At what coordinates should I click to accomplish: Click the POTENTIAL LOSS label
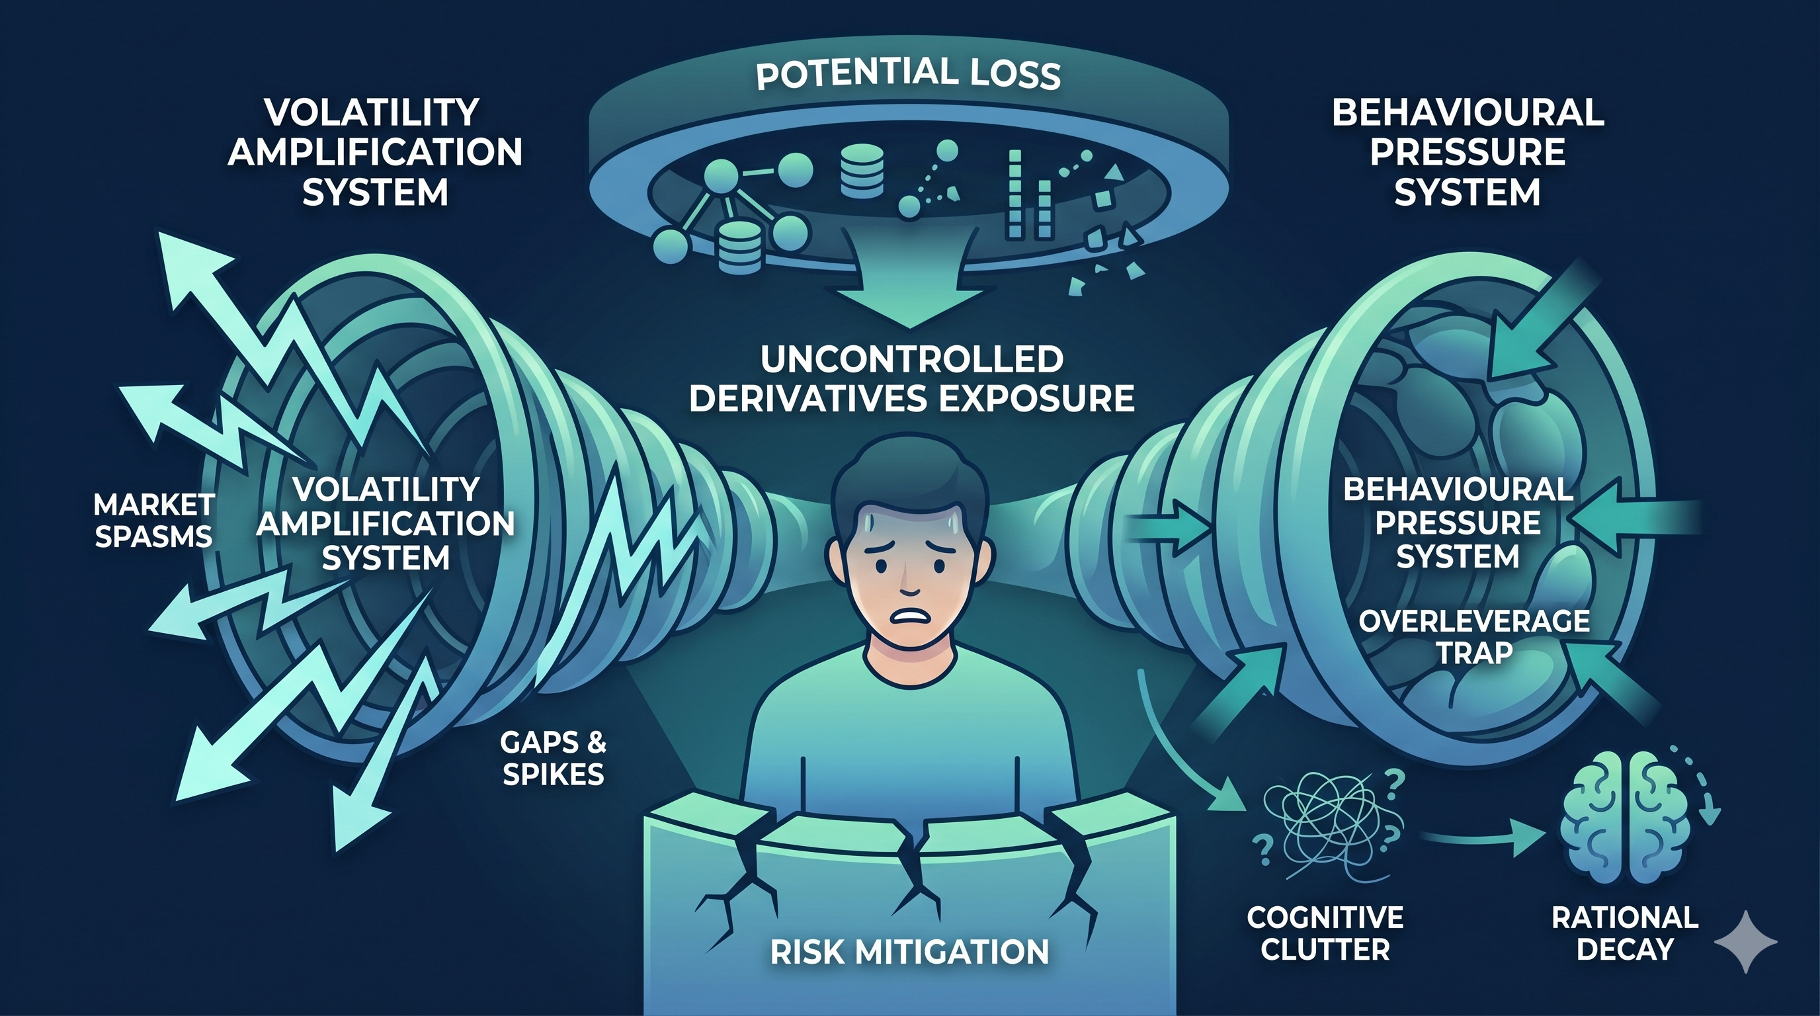(909, 74)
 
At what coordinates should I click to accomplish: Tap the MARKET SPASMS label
(154, 521)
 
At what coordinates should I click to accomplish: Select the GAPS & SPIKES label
(553, 758)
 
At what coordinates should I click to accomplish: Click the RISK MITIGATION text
(909, 952)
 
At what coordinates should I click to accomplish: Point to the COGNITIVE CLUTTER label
(1325, 933)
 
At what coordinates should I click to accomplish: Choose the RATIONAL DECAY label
(1625, 933)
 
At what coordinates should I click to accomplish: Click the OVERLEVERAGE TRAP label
(1475, 636)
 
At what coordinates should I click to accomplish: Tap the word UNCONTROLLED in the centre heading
(912, 359)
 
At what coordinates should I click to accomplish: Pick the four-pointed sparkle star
(1745, 941)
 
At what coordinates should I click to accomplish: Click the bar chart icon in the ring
(1028, 193)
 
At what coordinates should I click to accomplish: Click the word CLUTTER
(1325, 949)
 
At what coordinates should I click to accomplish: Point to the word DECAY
(1625, 949)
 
